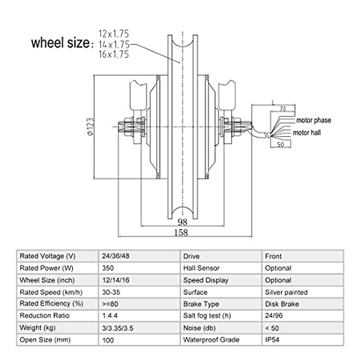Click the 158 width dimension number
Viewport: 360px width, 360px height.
coord(181,232)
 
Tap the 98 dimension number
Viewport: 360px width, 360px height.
coord(182,222)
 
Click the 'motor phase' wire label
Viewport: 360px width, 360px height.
coord(313,120)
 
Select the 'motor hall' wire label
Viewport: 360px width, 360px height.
coord(307,133)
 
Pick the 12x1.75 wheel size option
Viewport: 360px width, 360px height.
coord(114,34)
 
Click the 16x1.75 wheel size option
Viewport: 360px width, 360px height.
coord(114,54)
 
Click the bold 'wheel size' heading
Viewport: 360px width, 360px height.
coord(60,43)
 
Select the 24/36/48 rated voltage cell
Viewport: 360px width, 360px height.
coord(115,256)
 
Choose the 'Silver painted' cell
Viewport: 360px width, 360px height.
coord(286,292)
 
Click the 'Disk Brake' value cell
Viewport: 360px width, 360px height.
coord(282,304)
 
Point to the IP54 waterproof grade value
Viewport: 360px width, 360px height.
coord(272,340)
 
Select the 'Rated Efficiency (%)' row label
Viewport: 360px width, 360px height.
coord(51,304)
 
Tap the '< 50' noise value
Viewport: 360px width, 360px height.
coord(272,328)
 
